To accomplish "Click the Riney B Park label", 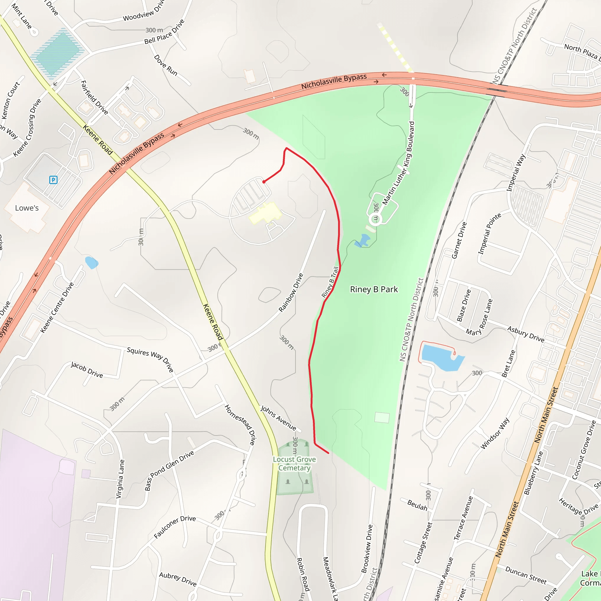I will point(374,289).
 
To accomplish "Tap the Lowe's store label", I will point(27,208).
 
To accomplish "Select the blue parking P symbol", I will point(53,180).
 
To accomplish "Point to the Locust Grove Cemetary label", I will point(294,463).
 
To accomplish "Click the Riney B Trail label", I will point(330,282).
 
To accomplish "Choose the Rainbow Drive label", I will point(291,292).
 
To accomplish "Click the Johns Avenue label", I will point(278,418).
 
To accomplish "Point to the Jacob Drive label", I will point(87,369).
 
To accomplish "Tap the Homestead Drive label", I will point(241,424).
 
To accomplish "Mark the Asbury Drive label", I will point(526,334).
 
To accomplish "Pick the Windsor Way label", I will point(495,433).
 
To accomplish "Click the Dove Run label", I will point(166,65).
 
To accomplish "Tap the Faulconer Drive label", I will point(175,527).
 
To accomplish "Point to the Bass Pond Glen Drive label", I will point(169,470).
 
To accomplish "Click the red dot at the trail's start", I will point(264,182).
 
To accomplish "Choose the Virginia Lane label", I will point(120,479).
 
